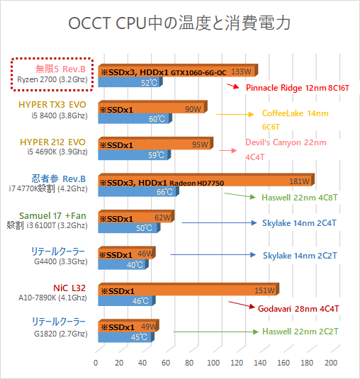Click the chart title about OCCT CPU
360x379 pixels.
tap(180, 23)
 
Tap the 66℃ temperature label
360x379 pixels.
tap(164, 192)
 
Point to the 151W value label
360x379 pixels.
tap(264, 290)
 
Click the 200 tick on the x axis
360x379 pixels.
tap(330, 363)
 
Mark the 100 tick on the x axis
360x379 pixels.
tap(213, 363)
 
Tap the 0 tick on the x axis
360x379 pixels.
tap(96, 363)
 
